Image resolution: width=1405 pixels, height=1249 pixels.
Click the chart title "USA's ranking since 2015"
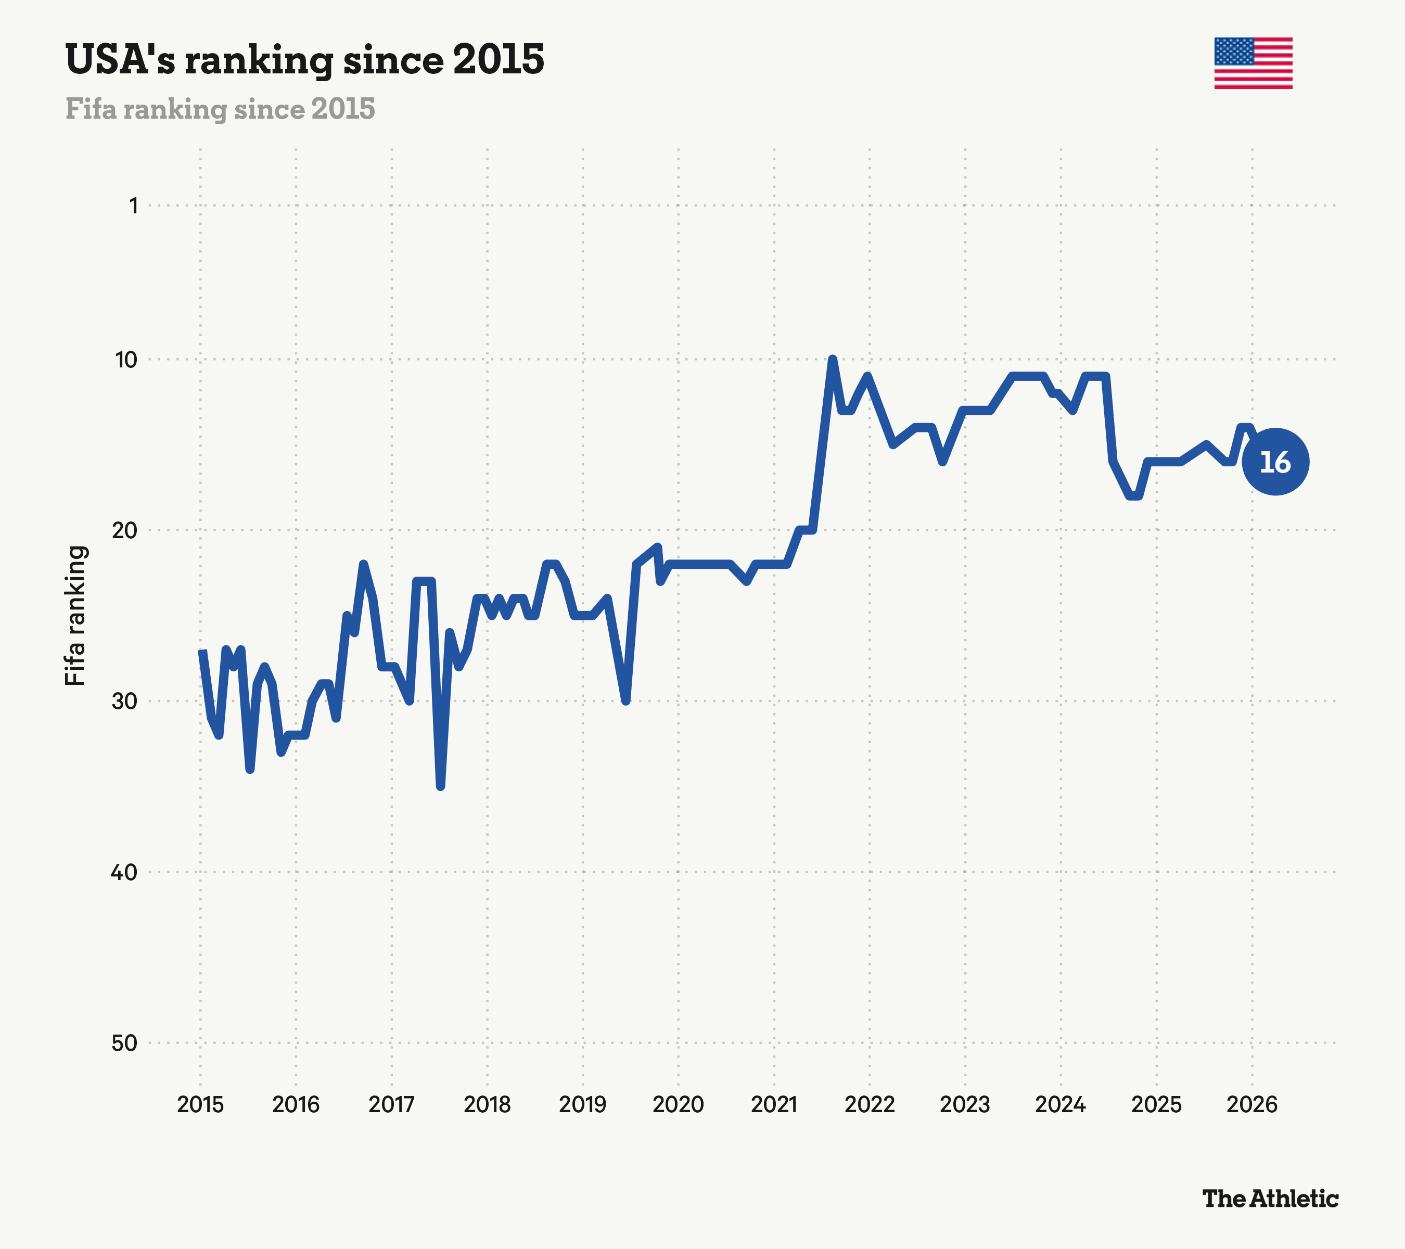point(304,60)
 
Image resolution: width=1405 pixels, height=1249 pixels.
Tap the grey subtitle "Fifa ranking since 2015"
point(220,109)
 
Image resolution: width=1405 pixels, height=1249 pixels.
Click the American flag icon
point(1253,63)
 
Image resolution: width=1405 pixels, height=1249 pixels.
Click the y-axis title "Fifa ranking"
point(75,615)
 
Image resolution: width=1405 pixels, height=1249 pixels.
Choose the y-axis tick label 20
point(125,530)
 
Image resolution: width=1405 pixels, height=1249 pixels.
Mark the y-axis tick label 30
point(125,701)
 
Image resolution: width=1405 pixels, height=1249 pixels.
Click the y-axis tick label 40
point(124,872)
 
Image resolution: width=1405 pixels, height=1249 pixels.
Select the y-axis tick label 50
point(124,1043)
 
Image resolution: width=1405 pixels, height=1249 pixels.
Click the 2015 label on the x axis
point(201,1105)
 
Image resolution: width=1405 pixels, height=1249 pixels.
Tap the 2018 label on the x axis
point(488,1105)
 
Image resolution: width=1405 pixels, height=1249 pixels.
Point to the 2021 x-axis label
point(774,1105)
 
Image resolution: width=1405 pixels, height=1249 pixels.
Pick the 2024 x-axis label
point(1061,1105)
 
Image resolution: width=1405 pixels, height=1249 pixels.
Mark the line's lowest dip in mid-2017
point(441,786)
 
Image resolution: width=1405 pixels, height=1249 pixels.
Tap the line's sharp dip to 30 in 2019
point(625,700)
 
